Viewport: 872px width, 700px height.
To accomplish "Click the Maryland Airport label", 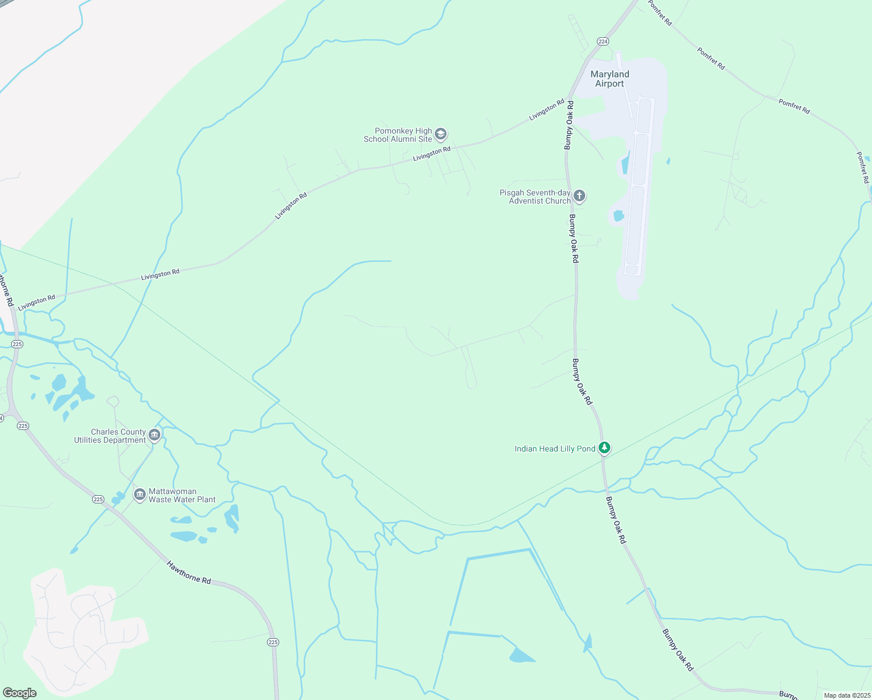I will tap(610, 79).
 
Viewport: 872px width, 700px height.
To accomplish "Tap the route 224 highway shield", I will tap(603, 41).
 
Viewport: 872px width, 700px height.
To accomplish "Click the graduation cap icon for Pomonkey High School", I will tap(441, 135).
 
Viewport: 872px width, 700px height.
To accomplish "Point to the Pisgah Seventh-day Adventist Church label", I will tap(535, 197).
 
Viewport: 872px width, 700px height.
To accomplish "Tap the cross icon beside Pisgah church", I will tap(579, 195).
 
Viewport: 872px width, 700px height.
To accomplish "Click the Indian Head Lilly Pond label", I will tap(555, 449).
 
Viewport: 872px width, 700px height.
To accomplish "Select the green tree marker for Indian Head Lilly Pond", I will tap(604, 447).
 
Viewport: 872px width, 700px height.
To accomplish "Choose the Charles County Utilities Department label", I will tap(110, 436).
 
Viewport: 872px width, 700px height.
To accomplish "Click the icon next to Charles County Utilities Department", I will tap(154, 435).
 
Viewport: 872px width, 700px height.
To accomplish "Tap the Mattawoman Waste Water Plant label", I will tap(182, 495).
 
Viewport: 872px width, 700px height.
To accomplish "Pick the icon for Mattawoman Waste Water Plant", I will tap(139, 495).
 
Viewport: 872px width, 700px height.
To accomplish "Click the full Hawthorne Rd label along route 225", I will tap(189, 572).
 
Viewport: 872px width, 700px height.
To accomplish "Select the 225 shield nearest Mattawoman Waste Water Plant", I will tap(98, 499).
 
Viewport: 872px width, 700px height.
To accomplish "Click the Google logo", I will tap(20, 692).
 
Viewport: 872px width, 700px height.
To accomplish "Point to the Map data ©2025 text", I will tap(846, 695).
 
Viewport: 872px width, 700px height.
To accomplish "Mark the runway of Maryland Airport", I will tap(639, 187).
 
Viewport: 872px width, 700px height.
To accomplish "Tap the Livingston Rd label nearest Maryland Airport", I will tap(546, 110).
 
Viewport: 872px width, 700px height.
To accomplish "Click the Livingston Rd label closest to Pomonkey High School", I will tap(431, 154).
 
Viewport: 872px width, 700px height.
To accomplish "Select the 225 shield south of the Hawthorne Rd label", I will tap(273, 642).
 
